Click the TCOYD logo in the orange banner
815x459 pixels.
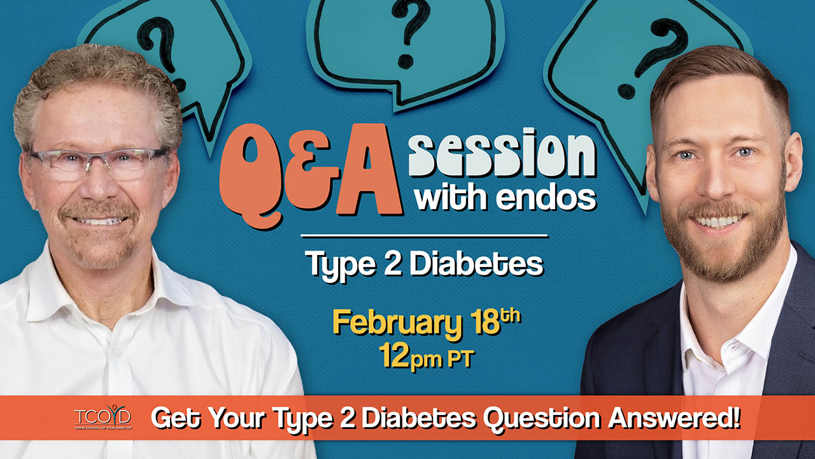(103, 417)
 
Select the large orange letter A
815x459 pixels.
(368, 170)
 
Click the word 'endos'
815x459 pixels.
(546, 198)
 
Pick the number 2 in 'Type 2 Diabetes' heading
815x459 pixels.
(392, 263)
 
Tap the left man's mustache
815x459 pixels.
(97, 210)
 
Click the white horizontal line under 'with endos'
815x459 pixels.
(425, 236)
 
